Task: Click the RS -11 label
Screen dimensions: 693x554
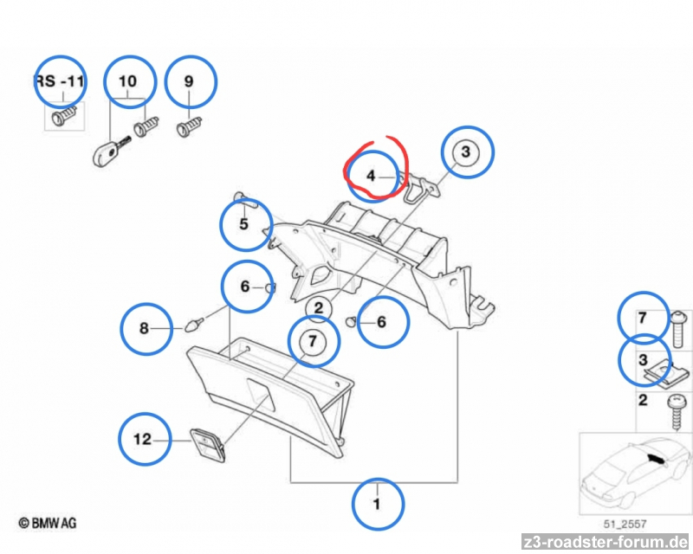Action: coord(59,81)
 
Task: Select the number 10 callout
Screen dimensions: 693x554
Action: coord(127,81)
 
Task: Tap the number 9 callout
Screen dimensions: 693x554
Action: coord(189,81)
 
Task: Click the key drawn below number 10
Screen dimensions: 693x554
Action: coord(111,151)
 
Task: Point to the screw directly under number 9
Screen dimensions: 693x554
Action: coord(189,126)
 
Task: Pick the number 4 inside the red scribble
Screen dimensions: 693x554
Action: coord(371,177)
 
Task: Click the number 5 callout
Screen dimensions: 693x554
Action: coord(243,224)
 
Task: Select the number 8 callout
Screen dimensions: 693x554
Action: coord(144,328)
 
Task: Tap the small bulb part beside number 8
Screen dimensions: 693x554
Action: coord(193,325)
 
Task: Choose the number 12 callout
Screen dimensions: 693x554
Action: coord(142,439)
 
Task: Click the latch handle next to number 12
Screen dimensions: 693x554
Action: coord(208,444)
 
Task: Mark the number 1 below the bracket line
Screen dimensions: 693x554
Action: coord(377,504)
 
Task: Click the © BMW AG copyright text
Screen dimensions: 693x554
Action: coord(48,524)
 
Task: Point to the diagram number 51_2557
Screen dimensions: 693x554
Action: coord(625,525)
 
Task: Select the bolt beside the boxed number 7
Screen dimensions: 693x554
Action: coord(677,329)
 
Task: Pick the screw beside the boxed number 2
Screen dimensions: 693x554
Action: coord(677,412)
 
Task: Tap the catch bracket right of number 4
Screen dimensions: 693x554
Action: coord(418,187)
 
